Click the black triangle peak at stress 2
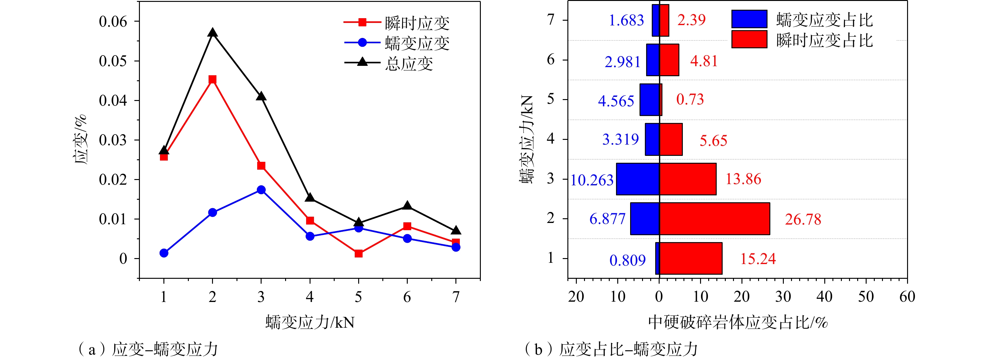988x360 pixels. (212, 33)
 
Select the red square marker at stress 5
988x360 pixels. (359, 253)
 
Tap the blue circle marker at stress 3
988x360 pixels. (261, 190)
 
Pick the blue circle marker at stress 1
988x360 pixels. (164, 253)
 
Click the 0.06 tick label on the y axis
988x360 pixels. (113, 21)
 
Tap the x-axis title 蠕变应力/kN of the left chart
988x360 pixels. (310, 322)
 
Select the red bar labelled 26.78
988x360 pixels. (714, 219)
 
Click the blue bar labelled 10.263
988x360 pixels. (637, 179)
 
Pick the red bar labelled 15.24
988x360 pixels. (690, 258)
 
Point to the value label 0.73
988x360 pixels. (690, 100)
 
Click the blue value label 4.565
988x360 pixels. (616, 101)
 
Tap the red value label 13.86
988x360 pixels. (743, 179)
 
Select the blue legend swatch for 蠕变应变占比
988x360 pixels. (749, 19)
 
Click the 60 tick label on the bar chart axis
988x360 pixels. (907, 297)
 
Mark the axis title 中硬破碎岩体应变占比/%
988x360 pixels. (737, 322)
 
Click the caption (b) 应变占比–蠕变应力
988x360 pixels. (611, 349)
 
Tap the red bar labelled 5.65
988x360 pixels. (671, 140)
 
